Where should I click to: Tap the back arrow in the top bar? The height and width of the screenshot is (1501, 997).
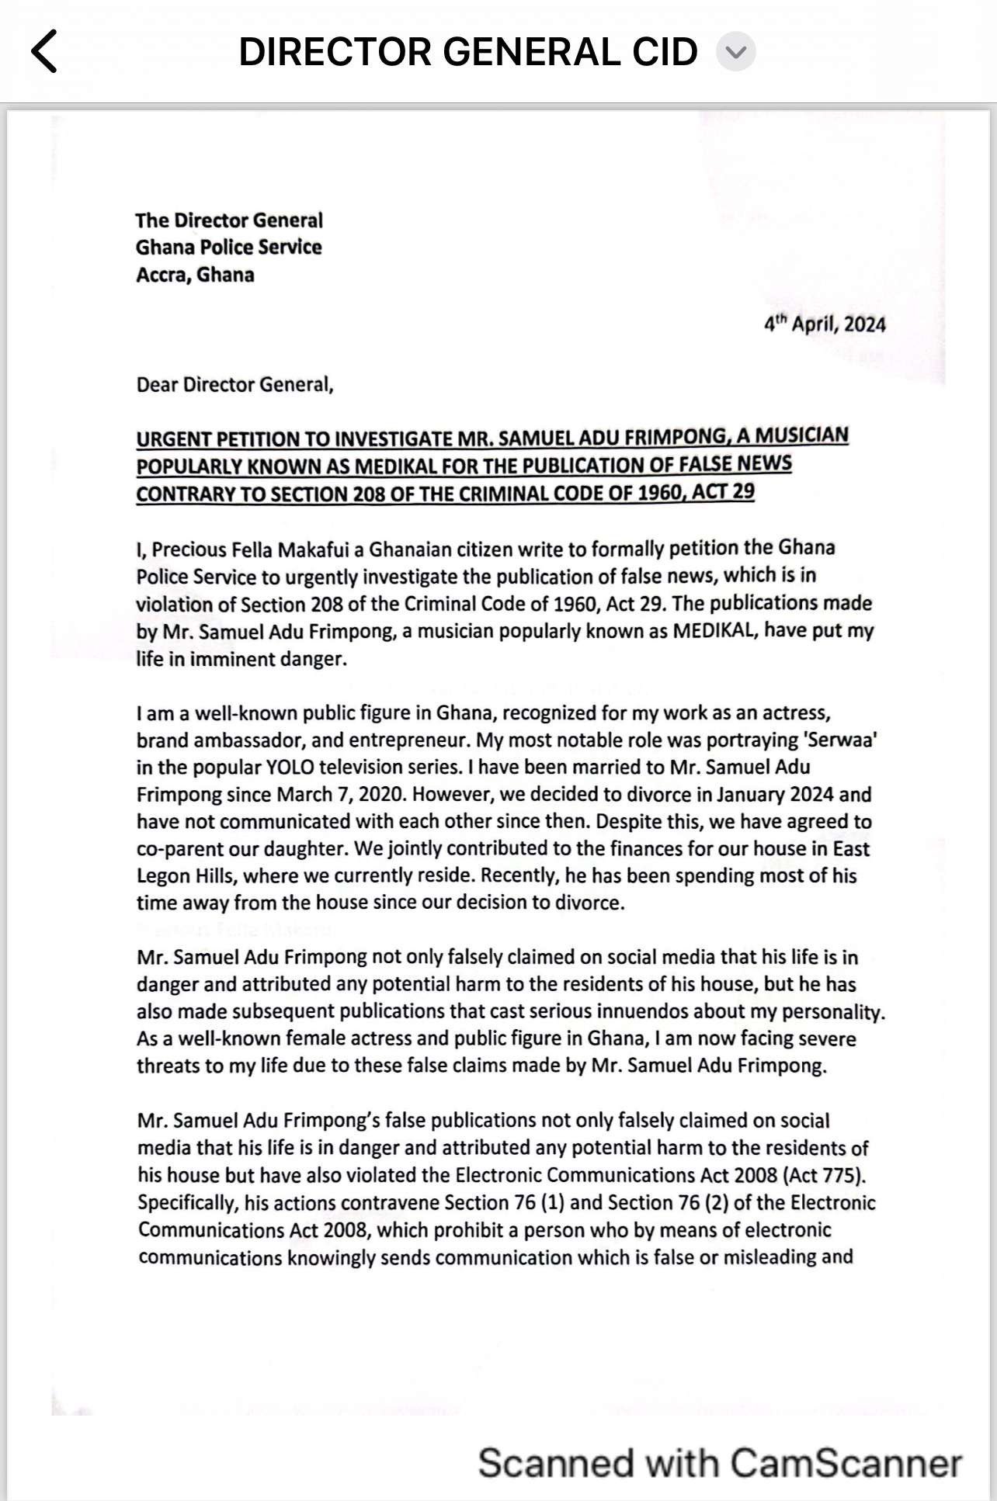[44, 52]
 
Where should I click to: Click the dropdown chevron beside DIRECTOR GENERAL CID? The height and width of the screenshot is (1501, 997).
[735, 52]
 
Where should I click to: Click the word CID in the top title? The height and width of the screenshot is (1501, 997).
[660, 52]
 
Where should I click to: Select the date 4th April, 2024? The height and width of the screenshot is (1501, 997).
[825, 324]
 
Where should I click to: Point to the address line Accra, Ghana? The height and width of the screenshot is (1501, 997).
[195, 275]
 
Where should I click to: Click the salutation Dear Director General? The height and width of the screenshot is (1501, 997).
[234, 385]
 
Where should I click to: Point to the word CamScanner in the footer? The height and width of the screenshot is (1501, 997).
[846, 1462]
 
